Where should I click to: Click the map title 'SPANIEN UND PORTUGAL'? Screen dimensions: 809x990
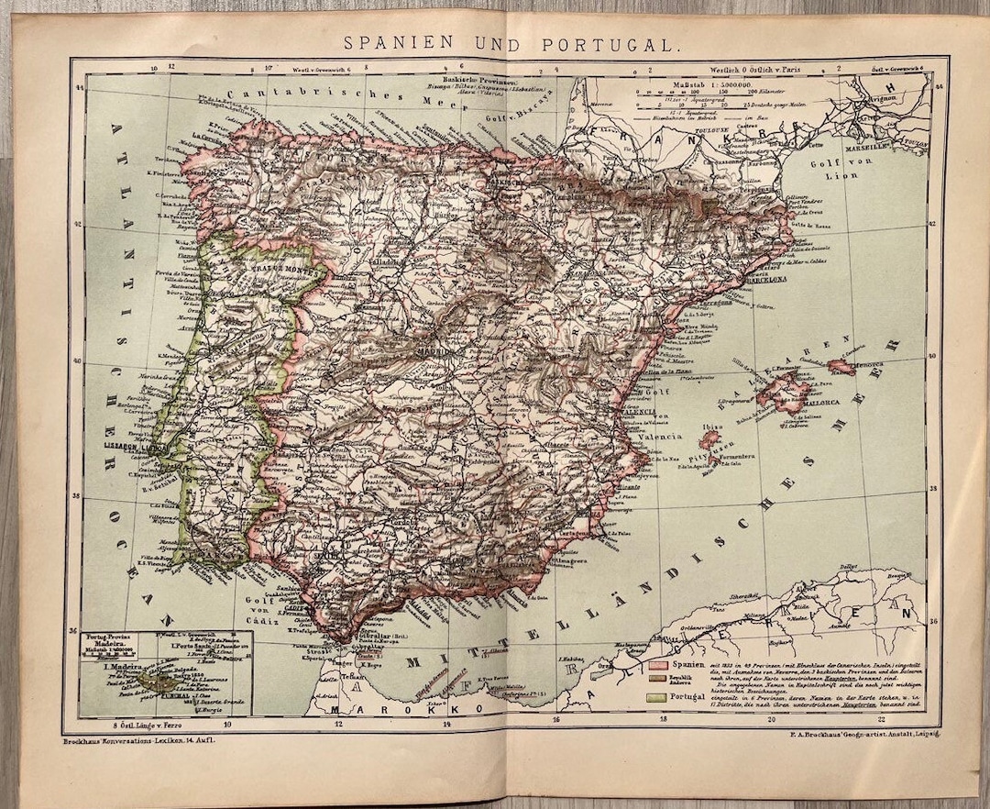tap(511, 42)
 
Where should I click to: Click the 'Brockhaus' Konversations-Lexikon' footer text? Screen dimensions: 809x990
tap(137, 739)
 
